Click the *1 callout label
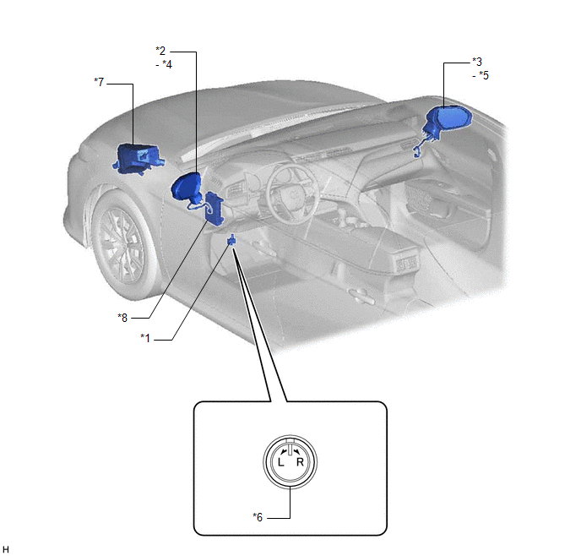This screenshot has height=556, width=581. tap(145, 338)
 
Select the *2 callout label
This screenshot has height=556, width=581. tap(160, 51)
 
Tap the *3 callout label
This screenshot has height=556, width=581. tap(477, 62)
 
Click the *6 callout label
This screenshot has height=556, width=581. tap(258, 517)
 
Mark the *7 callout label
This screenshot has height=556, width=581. tap(99, 82)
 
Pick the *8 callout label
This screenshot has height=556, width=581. tap(122, 318)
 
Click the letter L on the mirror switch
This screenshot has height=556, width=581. tap(281, 462)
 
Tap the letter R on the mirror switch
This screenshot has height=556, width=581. tap(300, 462)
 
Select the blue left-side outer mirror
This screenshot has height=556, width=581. tap(187, 188)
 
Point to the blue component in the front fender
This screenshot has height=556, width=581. tap(138, 159)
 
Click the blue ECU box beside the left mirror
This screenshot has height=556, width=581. tap(214, 208)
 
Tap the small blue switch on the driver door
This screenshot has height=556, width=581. tap(231, 240)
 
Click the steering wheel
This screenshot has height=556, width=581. tap(293, 194)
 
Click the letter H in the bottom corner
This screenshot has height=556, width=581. tap(6, 550)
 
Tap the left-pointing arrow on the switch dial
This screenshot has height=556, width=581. tap(284, 451)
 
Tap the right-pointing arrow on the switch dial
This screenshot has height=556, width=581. tap(296, 451)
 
